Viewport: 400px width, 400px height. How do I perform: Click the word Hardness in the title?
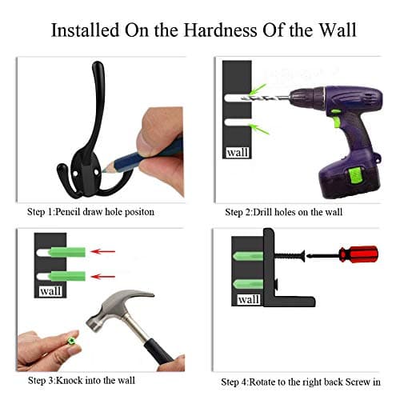pyautogui.click(x=220, y=30)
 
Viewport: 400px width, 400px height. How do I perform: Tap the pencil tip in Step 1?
pyautogui.click(x=104, y=169)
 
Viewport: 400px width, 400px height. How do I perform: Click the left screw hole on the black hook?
pyautogui.click(x=76, y=174)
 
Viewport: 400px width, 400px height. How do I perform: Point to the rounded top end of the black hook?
pyautogui.click(x=98, y=65)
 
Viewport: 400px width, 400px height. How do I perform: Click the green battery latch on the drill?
pyautogui.click(x=356, y=175)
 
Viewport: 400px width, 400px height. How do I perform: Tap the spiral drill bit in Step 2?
pyautogui.click(x=266, y=98)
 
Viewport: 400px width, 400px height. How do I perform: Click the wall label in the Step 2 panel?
pyautogui.click(x=238, y=153)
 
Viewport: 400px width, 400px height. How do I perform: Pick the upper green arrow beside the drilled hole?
pyautogui.click(x=258, y=89)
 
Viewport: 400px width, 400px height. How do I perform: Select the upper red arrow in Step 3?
pyautogui.click(x=103, y=251)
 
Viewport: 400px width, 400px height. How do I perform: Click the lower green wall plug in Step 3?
pyautogui.click(x=66, y=276)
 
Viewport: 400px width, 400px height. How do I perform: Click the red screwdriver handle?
pyautogui.click(x=358, y=254)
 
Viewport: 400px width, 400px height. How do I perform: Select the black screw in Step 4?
pyautogui.click(x=290, y=256)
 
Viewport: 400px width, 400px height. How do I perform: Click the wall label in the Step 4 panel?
pyautogui.click(x=249, y=300)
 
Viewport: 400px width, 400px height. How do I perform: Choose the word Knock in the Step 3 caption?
pyautogui.click(x=69, y=380)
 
